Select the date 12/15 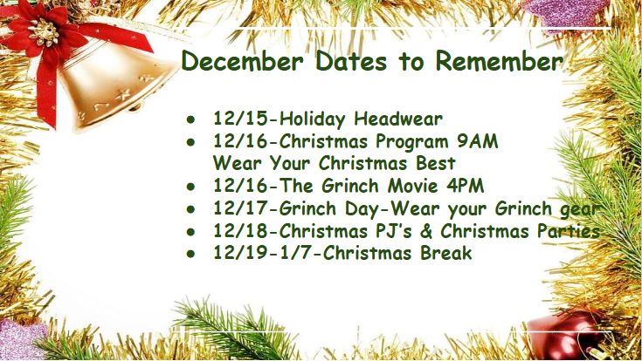238,119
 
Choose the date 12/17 238,209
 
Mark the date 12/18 238,231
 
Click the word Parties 567,231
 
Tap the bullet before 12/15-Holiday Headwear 191,119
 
